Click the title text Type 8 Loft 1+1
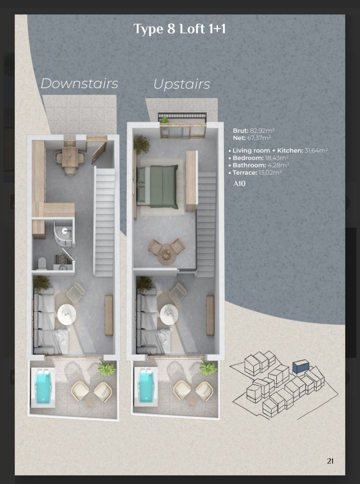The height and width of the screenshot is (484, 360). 180,29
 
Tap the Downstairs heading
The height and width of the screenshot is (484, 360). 79,83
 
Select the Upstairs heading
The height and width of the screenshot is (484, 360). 182,84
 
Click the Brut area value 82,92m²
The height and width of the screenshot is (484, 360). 262,131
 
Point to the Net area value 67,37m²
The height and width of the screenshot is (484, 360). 259,138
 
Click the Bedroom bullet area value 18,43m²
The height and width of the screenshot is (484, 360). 277,158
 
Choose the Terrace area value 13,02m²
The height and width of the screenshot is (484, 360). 270,172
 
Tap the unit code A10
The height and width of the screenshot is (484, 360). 239,184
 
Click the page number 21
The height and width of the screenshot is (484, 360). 330,461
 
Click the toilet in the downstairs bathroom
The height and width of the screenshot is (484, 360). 42,263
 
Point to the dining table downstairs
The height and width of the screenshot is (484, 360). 70,157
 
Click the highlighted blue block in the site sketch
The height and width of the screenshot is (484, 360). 301,367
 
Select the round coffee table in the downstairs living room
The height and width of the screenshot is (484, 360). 67,314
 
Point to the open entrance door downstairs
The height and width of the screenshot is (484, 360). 99,153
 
